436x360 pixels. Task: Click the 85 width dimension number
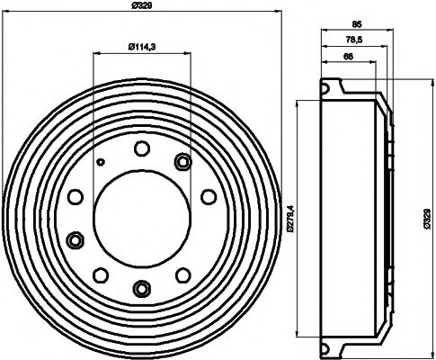click(357, 24)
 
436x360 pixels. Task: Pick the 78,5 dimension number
click(353, 41)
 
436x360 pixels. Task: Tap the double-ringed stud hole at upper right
click(184, 162)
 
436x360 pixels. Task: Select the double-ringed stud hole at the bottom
click(141, 288)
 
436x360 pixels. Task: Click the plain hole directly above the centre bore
click(140, 149)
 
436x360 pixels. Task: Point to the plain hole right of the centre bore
click(208, 196)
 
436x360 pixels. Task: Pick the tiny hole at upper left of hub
click(102, 163)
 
